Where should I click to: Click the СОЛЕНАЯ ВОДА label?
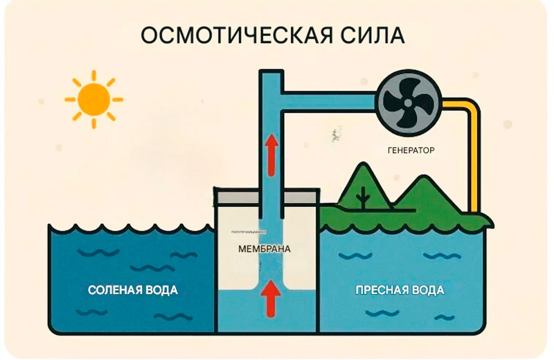[133, 289]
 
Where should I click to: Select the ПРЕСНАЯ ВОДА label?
[400, 289]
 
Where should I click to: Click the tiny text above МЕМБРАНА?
[243, 234]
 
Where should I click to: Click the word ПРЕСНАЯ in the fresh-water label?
[379, 289]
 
